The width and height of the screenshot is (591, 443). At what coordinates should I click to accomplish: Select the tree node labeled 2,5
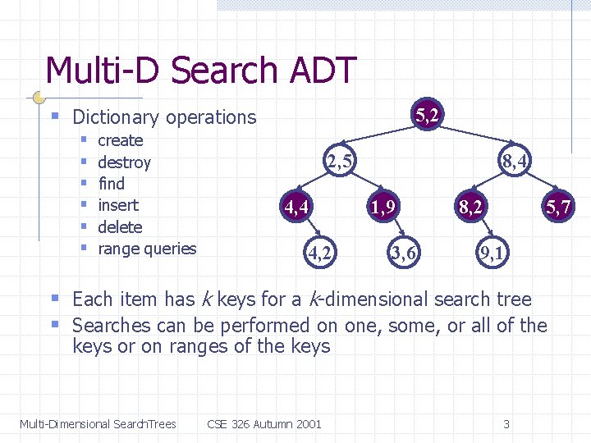pos(339,162)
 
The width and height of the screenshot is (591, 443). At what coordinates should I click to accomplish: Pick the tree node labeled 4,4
pos(296,208)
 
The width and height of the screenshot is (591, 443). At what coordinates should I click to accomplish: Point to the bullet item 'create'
pos(120,140)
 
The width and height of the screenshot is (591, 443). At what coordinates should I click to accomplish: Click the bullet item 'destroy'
pos(124,162)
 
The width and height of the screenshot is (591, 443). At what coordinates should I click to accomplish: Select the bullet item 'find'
pos(111,184)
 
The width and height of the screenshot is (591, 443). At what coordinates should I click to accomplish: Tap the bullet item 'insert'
pos(118,205)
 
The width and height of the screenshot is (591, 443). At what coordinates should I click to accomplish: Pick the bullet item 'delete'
pos(120,227)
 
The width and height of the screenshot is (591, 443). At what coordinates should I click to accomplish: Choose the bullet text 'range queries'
pos(147,249)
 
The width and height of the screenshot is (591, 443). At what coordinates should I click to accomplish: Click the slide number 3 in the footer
pos(506,424)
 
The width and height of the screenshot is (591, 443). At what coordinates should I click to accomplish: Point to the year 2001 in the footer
pos(308,424)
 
